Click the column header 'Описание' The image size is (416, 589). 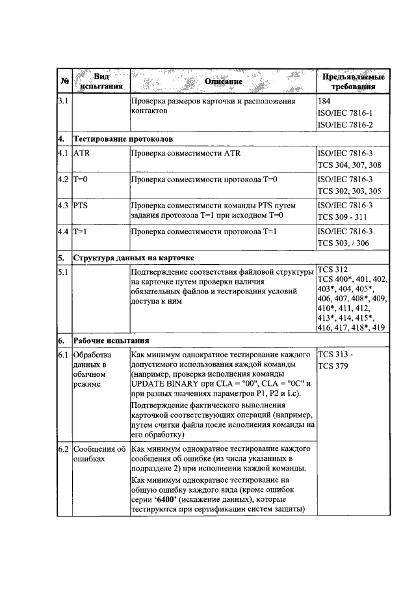(x=223, y=81)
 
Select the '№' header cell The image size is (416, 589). (x=64, y=81)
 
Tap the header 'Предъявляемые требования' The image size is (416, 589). (x=353, y=82)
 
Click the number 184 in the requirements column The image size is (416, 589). (x=324, y=102)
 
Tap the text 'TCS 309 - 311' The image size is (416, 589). (x=343, y=217)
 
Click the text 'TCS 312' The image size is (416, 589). (x=332, y=269)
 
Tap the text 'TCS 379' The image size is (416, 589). (x=333, y=366)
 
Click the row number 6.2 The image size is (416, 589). (x=64, y=449)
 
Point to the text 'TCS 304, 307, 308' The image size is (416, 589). (x=349, y=165)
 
